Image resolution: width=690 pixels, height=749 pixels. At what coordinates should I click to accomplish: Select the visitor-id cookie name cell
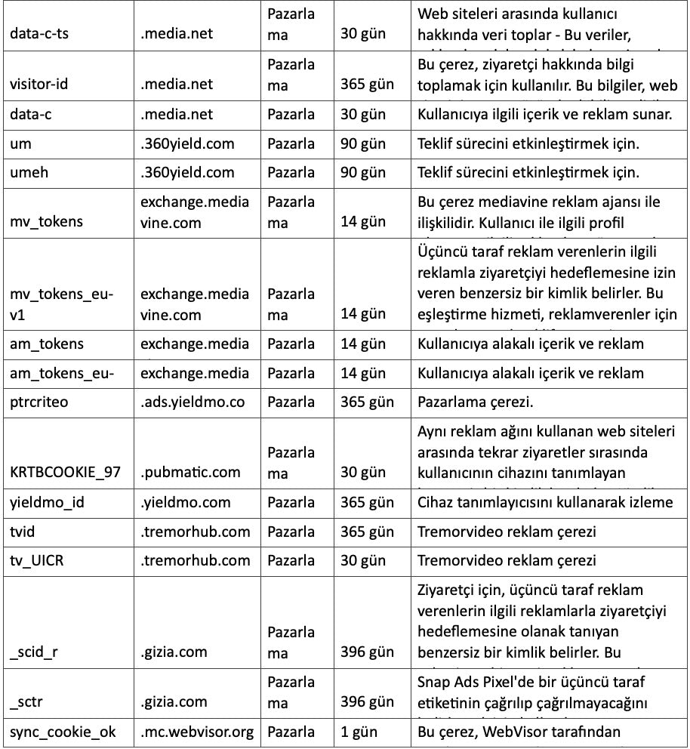coord(39,85)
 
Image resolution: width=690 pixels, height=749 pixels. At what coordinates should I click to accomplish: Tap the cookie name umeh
coord(29,172)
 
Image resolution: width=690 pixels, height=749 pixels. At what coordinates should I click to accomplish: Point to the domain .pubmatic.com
coord(190,472)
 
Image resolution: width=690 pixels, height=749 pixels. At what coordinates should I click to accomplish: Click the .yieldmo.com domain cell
coord(186,502)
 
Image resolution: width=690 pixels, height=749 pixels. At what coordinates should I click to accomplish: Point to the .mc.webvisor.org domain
coord(197,732)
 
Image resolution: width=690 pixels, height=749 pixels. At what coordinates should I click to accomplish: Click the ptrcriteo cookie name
coord(39,402)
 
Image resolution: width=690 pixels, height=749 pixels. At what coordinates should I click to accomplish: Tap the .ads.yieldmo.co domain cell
coord(193,402)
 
